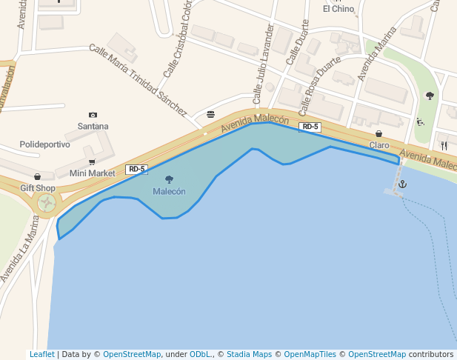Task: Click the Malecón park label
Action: tap(169, 191)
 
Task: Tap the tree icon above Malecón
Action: tap(169, 179)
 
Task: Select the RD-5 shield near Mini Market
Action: tap(136, 169)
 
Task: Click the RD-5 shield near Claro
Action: tap(310, 127)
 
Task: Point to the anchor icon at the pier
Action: tap(403, 183)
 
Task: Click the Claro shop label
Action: tap(379, 145)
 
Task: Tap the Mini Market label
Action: tap(93, 173)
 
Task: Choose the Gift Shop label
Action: tap(38, 188)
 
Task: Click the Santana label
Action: tap(93, 126)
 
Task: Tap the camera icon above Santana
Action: tap(93, 115)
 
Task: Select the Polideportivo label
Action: tap(44, 144)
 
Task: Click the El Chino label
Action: tap(338, 9)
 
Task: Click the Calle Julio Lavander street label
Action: tap(263, 64)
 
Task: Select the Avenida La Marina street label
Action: tap(18, 248)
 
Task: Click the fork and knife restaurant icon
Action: tap(444, 145)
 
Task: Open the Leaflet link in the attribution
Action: tap(41, 354)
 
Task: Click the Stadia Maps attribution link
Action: tap(249, 354)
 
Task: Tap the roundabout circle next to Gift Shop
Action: tap(47, 202)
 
